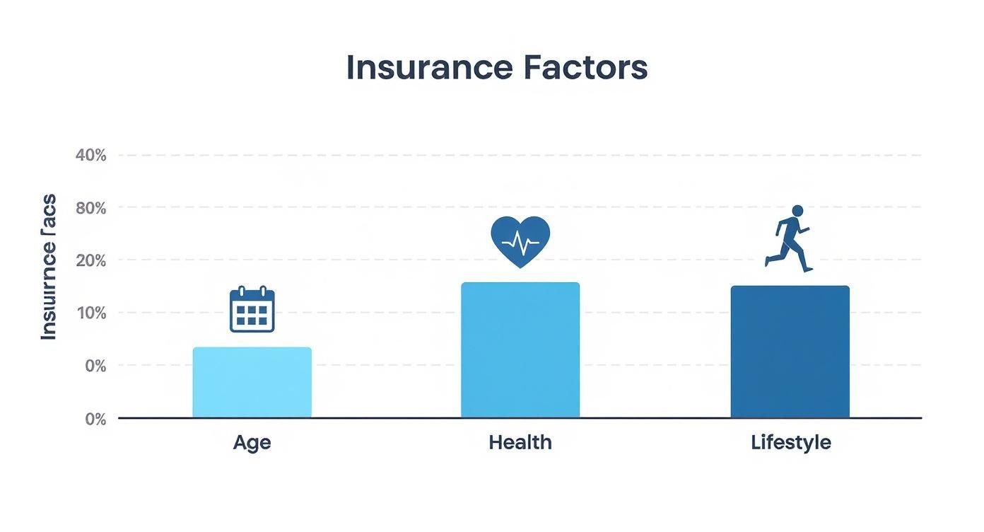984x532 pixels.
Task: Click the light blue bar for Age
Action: click(x=252, y=382)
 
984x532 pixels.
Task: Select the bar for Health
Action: click(x=520, y=350)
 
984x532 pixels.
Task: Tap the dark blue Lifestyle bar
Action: click(x=790, y=352)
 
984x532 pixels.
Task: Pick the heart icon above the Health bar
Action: click(x=520, y=241)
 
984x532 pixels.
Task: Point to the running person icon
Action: click(x=789, y=238)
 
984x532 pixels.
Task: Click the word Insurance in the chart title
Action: click(x=429, y=67)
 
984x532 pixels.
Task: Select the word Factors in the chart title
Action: click(x=585, y=67)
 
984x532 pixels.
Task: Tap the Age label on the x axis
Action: click(x=252, y=443)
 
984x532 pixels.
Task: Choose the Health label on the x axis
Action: click(x=520, y=443)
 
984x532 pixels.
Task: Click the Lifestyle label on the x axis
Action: click(x=790, y=443)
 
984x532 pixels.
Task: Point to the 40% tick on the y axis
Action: click(x=90, y=155)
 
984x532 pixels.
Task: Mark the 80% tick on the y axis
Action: click(x=90, y=208)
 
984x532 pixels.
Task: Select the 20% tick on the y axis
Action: click(x=90, y=260)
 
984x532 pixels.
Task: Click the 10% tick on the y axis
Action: click(x=90, y=313)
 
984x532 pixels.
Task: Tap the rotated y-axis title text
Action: click(x=48, y=267)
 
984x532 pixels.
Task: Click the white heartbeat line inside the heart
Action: click(x=520, y=243)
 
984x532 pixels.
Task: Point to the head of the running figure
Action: click(x=797, y=211)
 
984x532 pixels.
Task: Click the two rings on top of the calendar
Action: click(x=252, y=290)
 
